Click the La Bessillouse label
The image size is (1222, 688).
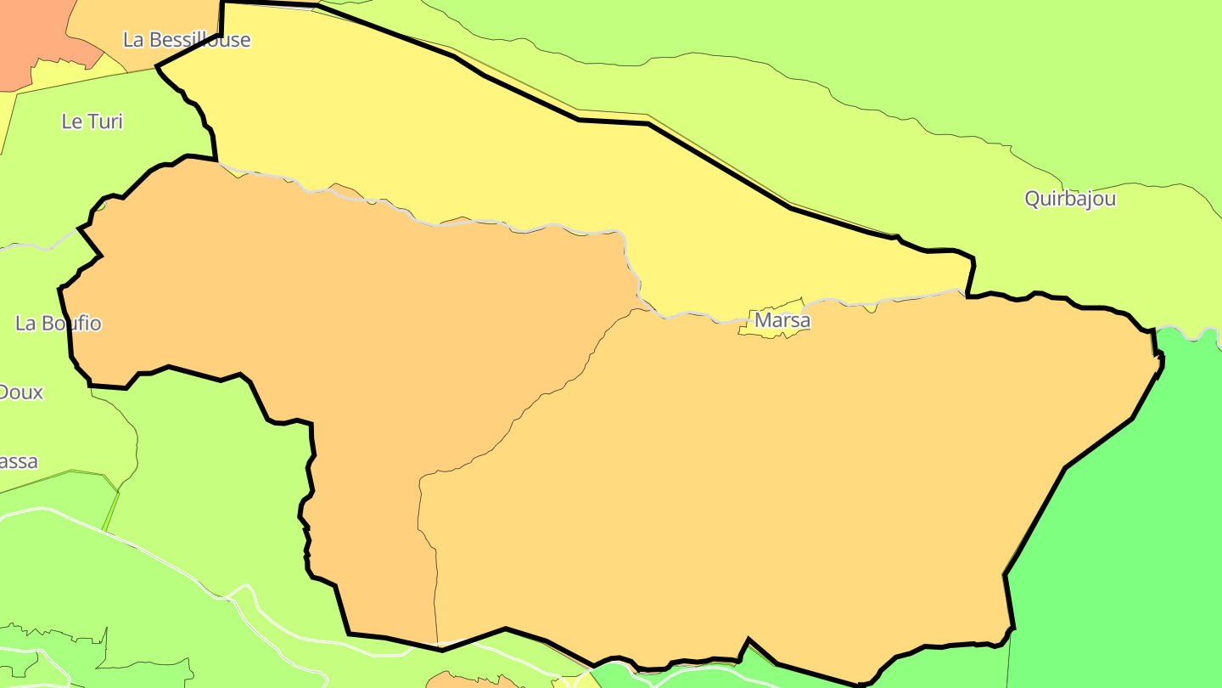coord(187,40)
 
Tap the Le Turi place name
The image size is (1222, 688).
coord(92,121)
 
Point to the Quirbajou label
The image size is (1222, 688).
coord(1070,199)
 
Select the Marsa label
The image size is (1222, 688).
coord(782,321)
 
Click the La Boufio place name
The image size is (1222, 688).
coord(59,324)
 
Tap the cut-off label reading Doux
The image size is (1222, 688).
coord(20,392)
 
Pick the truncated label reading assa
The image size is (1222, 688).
coord(19,462)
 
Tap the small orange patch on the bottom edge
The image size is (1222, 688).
coord(462,680)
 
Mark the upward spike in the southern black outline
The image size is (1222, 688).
coord(748,639)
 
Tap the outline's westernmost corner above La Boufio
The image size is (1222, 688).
coord(59,289)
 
